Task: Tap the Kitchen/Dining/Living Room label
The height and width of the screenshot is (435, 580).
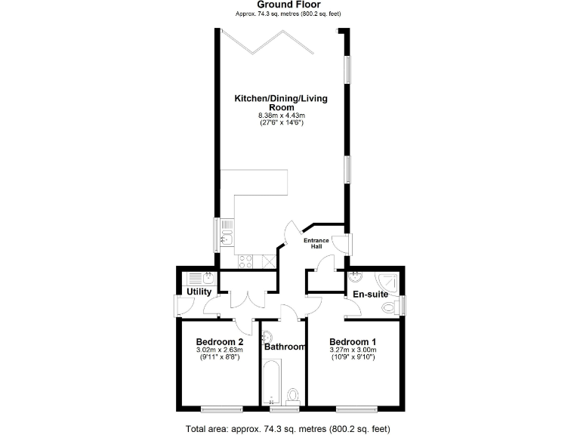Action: [x=281, y=103]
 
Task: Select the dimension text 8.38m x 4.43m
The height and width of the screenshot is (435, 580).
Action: [x=281, y=115]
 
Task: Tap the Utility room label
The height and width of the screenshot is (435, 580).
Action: [x=199, y=292]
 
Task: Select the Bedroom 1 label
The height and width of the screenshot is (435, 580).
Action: [x=353, y=341]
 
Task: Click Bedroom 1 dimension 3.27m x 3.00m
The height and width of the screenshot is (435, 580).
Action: [x=353, y=350]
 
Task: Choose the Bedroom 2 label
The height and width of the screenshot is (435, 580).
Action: [x=219, y=341]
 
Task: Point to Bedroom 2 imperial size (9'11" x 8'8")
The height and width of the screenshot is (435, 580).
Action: [x=219, y=357]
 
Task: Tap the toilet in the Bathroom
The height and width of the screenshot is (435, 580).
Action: [x=295, y=394]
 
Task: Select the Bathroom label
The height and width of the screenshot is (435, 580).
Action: [x=285, y=347]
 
